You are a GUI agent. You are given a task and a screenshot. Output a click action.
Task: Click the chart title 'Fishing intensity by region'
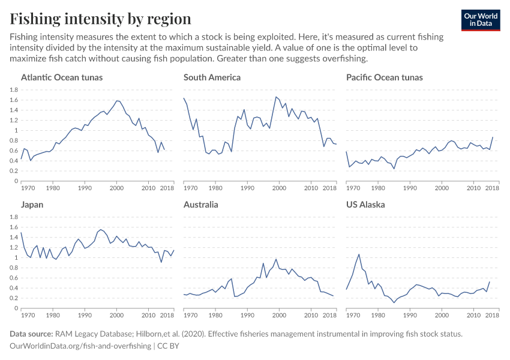[x=100, y=19]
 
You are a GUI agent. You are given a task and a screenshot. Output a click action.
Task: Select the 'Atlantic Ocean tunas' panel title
[x=62, y=77]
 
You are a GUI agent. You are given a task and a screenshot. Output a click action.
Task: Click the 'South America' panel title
[x=212, y=77]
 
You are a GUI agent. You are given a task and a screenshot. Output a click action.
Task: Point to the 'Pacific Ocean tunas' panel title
[x=384, y=77]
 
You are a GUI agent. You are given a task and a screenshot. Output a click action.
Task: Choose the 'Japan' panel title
[x=32, y=205]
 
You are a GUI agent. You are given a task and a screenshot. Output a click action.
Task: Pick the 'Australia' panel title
[x=201, y=205]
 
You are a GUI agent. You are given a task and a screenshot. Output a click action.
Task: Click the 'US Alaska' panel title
[x=365, y=205]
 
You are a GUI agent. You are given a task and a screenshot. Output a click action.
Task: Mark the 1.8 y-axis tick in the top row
[x=13, y=90]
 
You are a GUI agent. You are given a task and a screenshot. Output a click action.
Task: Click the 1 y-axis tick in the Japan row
[x=16, y=258]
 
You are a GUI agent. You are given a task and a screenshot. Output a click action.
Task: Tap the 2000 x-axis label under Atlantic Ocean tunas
[x=116, y=188]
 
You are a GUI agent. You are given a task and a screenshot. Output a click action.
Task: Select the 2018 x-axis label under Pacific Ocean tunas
[x=492, y=188]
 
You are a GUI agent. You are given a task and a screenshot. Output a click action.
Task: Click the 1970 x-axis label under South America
[x=190, y=188]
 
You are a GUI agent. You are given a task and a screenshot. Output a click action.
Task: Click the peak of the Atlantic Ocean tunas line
[x=117, y=100]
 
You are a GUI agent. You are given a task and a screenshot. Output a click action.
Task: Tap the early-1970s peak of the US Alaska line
[x=359, y=254]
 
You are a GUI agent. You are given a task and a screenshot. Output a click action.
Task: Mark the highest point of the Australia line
[x=275, y=259]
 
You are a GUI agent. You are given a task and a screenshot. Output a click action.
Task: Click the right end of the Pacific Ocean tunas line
[x=493, y=137]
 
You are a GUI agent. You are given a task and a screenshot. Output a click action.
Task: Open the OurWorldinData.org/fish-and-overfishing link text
[x=81, y=346]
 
